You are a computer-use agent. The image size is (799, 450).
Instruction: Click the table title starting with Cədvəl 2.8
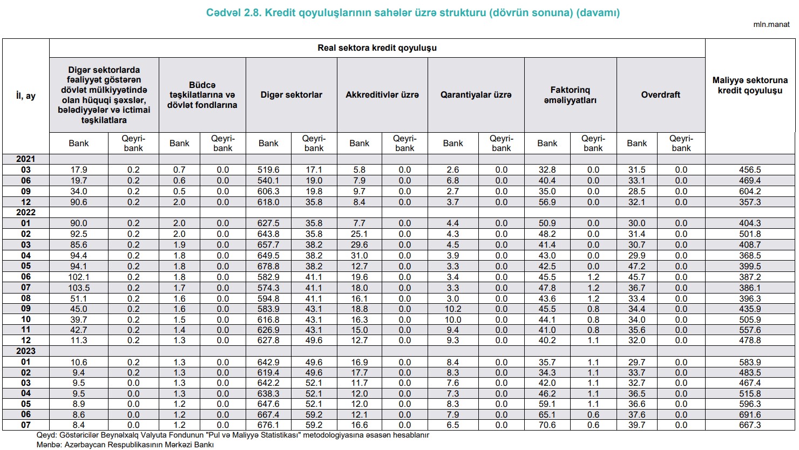(412, 12)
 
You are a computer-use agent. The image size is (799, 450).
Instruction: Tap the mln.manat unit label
(771, 25)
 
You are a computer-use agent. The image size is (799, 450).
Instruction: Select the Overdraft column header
(660, 95)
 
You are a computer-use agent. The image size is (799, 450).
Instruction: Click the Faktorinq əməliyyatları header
(570, 95)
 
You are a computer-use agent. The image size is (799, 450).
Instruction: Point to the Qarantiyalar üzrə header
(476, 95)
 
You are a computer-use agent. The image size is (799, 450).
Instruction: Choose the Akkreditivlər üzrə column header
(382, 95)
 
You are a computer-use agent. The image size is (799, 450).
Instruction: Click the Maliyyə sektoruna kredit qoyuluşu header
(750, 85)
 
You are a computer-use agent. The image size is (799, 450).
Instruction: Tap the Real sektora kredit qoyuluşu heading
(377, 47)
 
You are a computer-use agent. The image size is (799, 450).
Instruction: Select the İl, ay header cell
(26, 96)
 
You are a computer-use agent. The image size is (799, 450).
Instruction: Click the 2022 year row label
(25, 213)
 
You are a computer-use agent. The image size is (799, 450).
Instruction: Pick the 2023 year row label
(25, 351)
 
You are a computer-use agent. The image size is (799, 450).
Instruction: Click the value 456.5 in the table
(750, 170)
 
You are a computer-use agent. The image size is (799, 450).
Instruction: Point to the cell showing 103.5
(78, 288)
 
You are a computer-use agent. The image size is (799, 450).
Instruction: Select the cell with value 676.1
(269, 425)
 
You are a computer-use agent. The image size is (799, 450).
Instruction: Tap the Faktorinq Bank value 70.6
(547, 425)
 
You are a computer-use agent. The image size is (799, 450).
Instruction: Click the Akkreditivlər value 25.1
(359, 234)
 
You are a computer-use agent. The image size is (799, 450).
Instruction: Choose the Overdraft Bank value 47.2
(637, 266)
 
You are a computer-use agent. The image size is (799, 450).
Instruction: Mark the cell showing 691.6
(750, 414)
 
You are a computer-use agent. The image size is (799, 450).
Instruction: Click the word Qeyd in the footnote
(46, 435)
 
